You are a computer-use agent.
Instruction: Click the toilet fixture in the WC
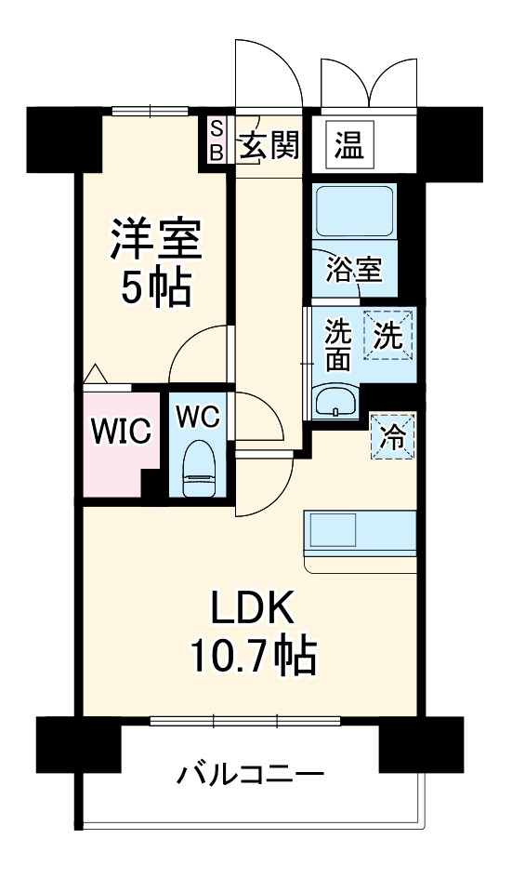198,470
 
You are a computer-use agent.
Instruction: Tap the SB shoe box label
216,140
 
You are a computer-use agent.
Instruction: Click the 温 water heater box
348,144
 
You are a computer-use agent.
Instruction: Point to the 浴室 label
354,270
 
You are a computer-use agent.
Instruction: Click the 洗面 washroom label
336,345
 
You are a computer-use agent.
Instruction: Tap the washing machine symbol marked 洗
388,336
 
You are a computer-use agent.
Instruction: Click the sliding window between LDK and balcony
245,720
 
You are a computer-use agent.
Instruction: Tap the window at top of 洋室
150,112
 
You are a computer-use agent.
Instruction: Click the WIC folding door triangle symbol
95,375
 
